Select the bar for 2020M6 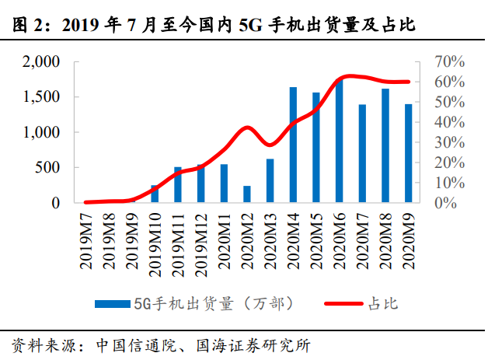(340, 141)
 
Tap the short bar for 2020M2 (225, 194)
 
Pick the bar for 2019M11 (178, 184)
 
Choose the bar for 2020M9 (408, 153)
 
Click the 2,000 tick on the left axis (40, 61)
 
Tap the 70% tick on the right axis (448, 61)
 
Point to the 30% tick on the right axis (448, 142)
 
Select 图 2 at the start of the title (29, 26)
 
